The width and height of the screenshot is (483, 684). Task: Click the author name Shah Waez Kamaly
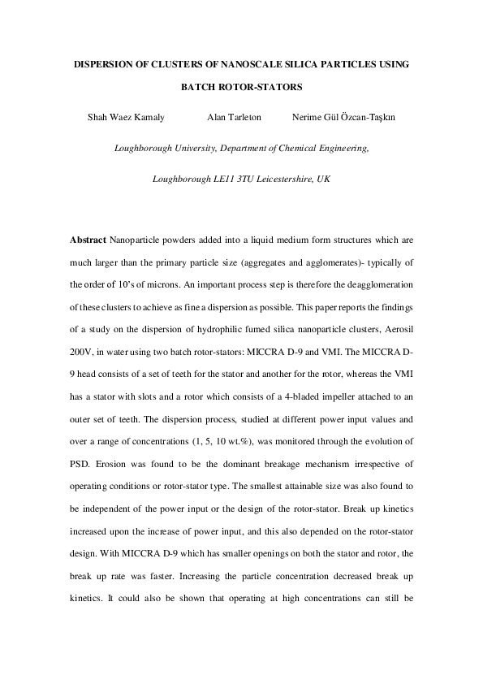pos(126,118)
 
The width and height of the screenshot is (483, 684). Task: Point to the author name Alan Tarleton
pos(234,118)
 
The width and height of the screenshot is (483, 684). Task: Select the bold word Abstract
pos(88,241)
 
